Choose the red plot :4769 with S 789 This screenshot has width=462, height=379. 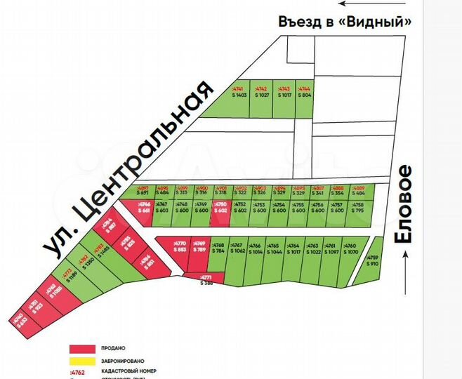point(199,249)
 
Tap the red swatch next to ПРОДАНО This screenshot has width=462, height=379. point(82,348)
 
